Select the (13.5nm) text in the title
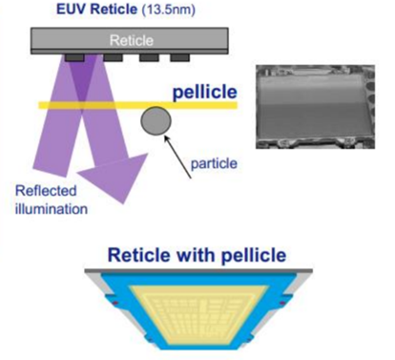(x=168, y=10)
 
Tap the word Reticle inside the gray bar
(x=132, y=40)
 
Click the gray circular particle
(x=156, y=120)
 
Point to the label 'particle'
(x=214, y=163)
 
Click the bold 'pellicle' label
(x=205, y=93)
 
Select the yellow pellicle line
(x=138, y=105)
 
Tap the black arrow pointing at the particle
(x=177, y=157)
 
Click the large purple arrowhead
(x=114, y=177)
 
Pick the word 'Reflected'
(x=46, y=191)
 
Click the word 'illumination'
(x=52, y=209)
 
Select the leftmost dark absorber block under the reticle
(x=74, y=58)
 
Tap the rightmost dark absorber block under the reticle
(x=180, y=58)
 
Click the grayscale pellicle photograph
(x=315, y=107)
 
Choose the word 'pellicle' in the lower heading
(x=254, y=256)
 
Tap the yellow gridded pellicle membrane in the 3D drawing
(x=197, y=313)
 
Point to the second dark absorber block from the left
(x=114, y=58)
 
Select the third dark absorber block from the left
(x=149, y=58)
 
